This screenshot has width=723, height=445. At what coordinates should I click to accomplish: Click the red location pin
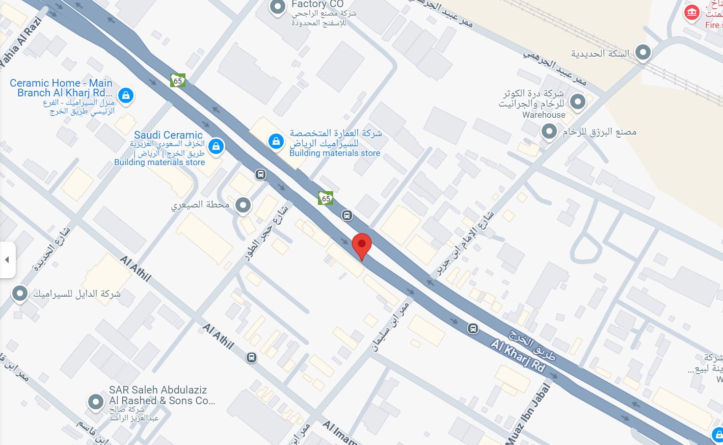(x=362, y=245)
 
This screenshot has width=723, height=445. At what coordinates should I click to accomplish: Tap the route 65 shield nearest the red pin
(x=326, y=198)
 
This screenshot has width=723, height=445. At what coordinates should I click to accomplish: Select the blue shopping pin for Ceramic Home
(x=126, y=95)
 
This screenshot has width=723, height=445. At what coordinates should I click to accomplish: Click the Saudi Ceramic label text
(x=168, y=135)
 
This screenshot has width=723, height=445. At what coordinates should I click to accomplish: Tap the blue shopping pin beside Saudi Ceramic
(x=216, y=147)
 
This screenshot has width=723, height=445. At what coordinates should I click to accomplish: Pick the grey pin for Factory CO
(x=278, y=7)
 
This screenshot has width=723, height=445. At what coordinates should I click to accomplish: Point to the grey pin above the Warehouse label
(x=577, y=101)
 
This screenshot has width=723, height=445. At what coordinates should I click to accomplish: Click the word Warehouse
(x=544, y=115)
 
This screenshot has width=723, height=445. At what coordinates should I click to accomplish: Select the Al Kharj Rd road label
(x=518, y=355)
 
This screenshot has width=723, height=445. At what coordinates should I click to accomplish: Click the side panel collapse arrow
(x=7, y=260)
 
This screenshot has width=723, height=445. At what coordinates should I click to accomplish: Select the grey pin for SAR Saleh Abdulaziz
(x=95, y=402)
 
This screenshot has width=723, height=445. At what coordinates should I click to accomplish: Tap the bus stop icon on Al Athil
(x=252, y=357)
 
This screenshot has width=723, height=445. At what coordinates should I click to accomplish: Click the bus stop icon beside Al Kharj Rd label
(x=473, y=329)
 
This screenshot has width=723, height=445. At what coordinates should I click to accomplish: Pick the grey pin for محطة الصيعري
(x=243, y=205)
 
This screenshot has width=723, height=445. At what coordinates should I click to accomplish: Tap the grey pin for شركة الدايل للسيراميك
(x=20, y=293)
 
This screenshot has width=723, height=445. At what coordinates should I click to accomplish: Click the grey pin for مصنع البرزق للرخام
(x=549, y=132)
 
